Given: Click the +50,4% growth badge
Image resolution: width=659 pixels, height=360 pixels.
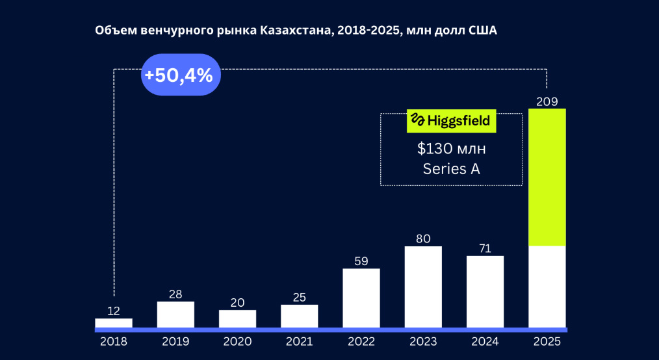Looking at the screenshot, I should (x=181, y=75).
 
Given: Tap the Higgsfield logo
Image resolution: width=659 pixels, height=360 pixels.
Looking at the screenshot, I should (x=451, y=121).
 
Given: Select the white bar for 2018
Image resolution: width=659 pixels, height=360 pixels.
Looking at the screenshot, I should (x=114, y=323).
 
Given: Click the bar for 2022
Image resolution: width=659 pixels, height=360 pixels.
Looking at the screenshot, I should (x=361, y=298).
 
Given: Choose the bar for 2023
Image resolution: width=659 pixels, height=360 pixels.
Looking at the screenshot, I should (x=423, y=287).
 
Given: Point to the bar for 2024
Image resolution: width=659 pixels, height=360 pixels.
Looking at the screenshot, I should (x=485, y=291).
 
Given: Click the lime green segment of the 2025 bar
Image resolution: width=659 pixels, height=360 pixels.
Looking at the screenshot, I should (x=547, y=177).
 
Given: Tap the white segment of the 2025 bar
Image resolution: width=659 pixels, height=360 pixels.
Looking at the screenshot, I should (x=547, y=287).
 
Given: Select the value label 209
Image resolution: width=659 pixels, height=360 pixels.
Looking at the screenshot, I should (x=547, y=101).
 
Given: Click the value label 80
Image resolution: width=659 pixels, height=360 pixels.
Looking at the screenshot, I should (x=423, y=238).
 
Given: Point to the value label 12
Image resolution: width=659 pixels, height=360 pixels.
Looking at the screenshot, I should (x=114, y=311).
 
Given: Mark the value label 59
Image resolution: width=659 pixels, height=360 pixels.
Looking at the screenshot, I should (x=361, y=261).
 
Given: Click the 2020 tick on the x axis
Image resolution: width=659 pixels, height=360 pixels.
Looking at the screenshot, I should (x=237, y=341).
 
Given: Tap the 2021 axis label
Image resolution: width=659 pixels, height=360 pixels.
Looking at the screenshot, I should (x=300, y=341).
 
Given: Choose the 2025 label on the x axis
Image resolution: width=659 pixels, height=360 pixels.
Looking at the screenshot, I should (x=547, y=341).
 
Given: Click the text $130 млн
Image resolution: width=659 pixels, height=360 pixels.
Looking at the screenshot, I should (x=451, y=149).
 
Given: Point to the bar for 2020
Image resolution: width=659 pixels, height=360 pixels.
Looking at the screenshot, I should (x=237, y=318).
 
